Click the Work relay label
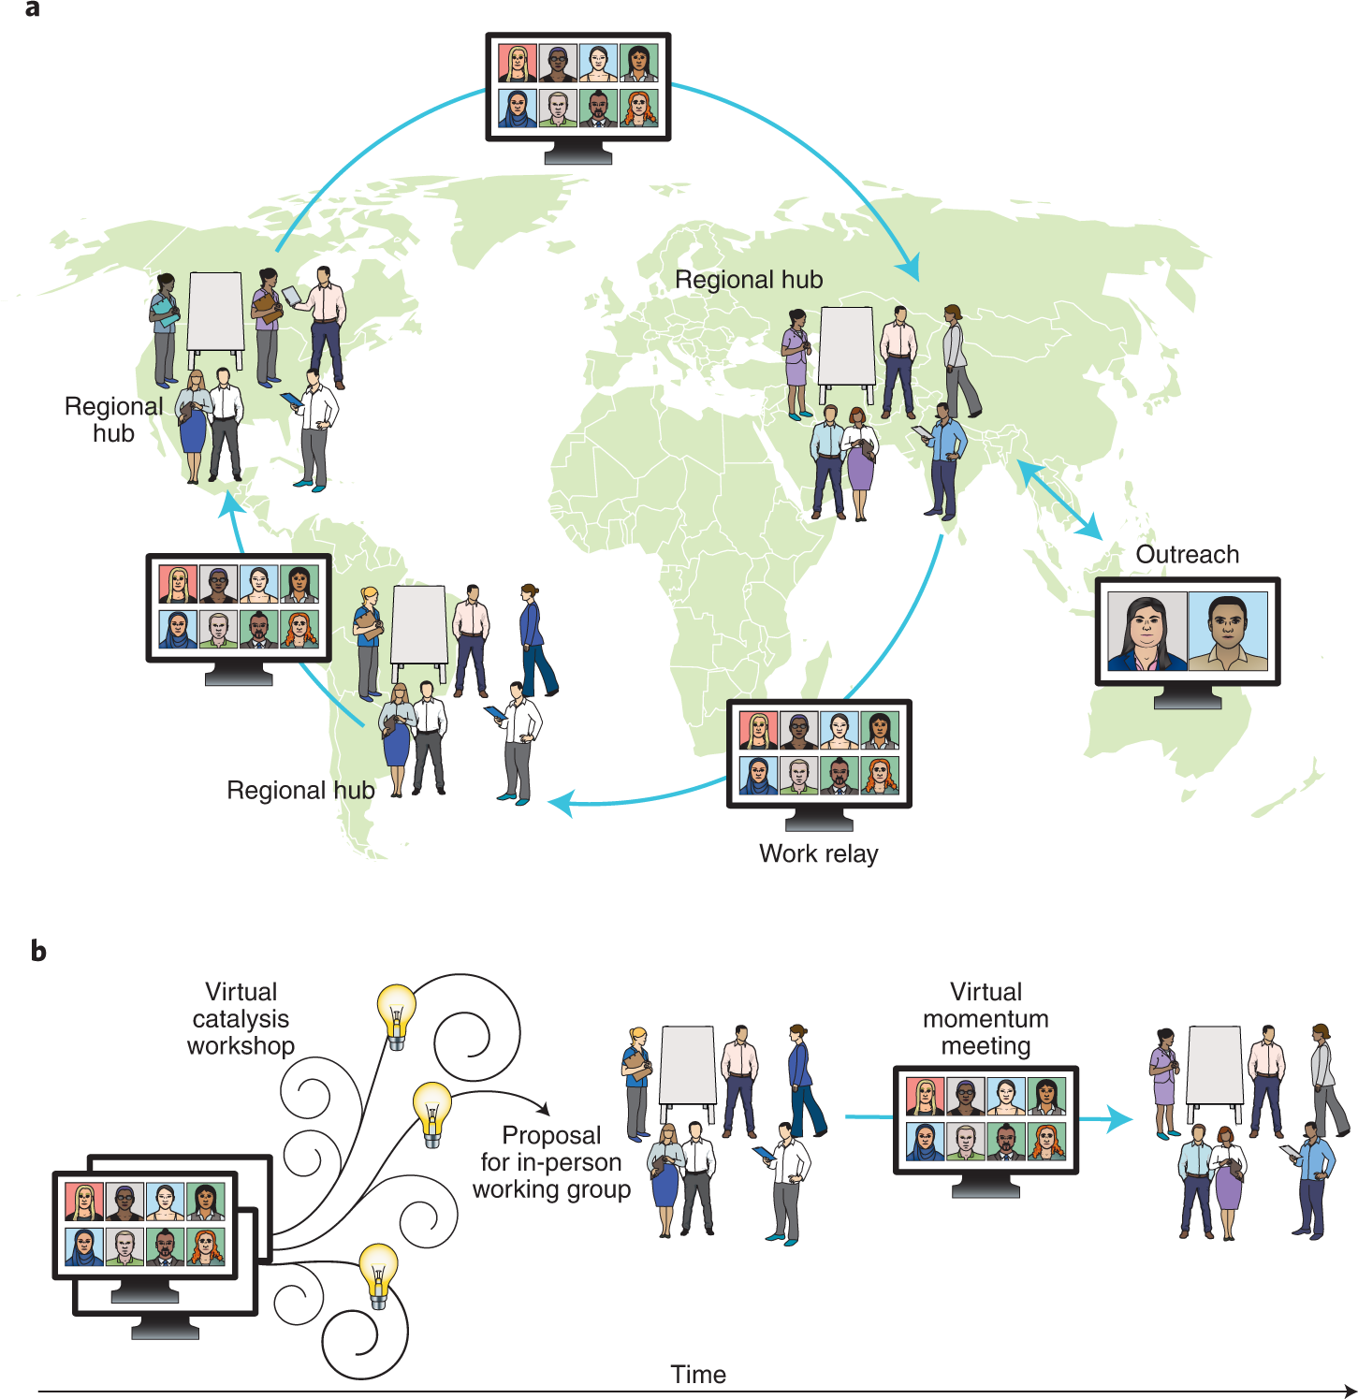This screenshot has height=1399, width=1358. click(818, 853)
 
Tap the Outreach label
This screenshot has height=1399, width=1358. click(1187, 554)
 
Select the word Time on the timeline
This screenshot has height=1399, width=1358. click(698, 1374)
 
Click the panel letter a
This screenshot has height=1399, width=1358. click(33, 9)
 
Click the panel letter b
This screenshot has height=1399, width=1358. click(38, 951)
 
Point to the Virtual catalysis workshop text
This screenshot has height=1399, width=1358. click(241, 1018)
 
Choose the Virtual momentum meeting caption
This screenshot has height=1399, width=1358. click(986, 1018)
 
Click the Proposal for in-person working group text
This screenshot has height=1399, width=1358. click(551, 1161)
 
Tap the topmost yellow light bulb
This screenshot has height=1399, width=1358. click(396, 1014)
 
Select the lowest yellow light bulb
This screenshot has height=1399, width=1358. click(379, 1274)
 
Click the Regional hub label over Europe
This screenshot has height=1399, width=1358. click(749, 279)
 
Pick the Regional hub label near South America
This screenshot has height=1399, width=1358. click(300, 790)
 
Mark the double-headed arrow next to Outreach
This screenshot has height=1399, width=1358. click(1059, 500)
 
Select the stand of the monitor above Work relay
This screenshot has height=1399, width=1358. click(819, 819)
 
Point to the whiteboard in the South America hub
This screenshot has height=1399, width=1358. click(418, 624)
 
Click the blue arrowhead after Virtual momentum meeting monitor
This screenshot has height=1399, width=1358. click(1119, 1118)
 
